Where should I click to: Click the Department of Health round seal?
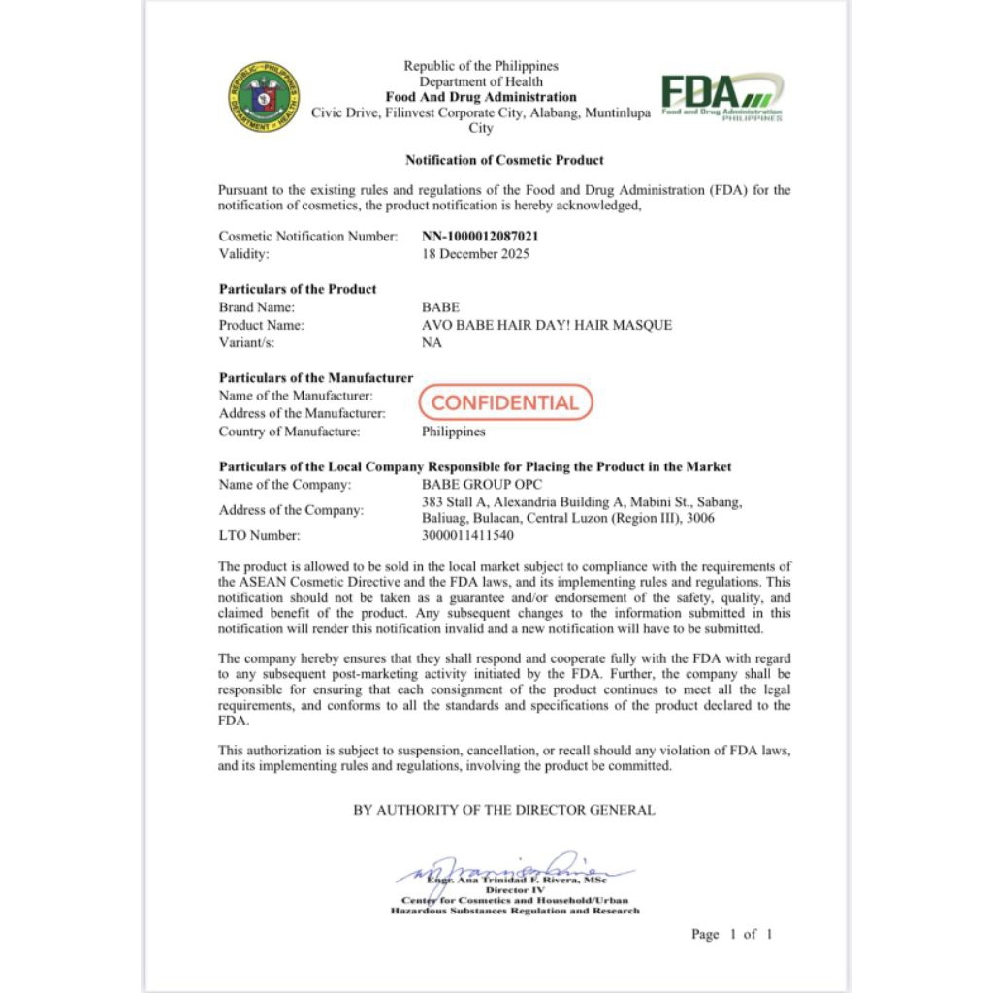point(264,97)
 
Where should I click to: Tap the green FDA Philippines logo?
point(722,97)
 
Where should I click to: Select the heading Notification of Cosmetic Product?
point(504,160)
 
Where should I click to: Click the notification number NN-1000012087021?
point(480,236)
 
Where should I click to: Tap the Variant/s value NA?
point(432,343)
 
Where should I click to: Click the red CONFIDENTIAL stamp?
point(504,402)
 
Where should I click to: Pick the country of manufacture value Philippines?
point(454,432)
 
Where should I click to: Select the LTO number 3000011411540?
point(468,535)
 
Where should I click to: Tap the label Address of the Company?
point(291,510)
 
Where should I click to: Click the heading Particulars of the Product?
point(298,289)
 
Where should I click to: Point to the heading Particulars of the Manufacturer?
point(316,377)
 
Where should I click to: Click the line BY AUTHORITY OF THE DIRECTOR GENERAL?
point(504,810)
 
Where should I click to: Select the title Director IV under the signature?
point(514,890)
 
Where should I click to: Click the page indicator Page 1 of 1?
point(732,934)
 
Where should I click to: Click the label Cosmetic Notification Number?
point(308,236)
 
